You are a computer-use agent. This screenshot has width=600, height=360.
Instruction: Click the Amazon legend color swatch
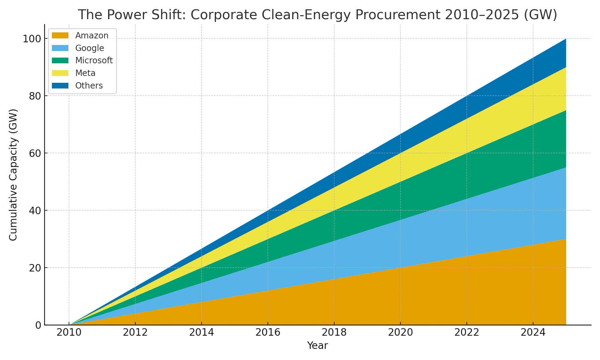60,35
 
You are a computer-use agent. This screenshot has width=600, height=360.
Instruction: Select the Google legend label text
90,48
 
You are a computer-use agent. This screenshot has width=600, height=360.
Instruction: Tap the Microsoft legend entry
94,61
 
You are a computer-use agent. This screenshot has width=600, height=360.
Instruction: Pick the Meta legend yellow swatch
60,73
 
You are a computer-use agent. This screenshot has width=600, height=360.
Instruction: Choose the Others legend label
89,86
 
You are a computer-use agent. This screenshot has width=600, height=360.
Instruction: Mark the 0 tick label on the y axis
39,325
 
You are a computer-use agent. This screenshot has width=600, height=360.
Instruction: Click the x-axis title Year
317,346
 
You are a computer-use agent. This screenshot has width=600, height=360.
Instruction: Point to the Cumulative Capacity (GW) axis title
13,175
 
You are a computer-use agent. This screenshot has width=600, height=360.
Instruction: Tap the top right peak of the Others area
565,39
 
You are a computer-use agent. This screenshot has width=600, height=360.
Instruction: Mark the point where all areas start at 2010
70,324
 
